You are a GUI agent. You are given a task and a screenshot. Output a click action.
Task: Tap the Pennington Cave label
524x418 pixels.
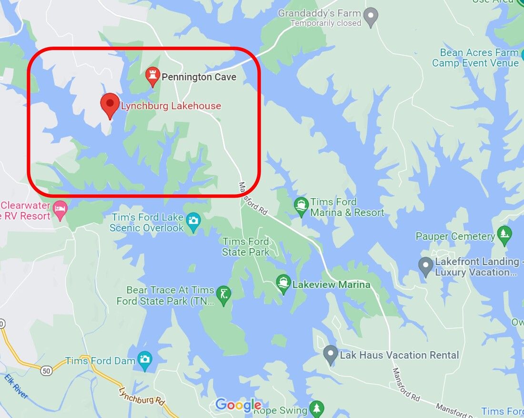tap(199, 77)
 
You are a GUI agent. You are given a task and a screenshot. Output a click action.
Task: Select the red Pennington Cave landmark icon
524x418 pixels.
tap(152, 76)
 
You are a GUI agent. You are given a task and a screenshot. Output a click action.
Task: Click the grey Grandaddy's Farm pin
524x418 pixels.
tap(371, 17)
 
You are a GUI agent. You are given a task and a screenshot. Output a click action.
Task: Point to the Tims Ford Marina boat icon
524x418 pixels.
tap(301, 206)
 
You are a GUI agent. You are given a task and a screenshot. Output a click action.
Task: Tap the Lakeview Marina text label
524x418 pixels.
tap(331, 285)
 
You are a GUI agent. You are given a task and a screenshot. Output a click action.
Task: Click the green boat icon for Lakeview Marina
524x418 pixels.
tap(283, 284)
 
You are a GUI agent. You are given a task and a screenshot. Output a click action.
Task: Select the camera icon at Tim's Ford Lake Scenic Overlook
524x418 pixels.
tap(193, 221)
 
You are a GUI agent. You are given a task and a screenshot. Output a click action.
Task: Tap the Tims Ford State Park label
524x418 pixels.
tap(246, 247)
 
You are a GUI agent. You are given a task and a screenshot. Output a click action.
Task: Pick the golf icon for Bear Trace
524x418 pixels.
tap(224, 294)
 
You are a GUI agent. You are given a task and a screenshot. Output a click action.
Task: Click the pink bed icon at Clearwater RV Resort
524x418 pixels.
tap(60, 209)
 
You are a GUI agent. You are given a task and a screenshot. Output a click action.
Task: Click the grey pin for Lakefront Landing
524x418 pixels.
tap(425, 266)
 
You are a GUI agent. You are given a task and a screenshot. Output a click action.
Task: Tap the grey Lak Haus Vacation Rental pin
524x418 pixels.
tap(330, 354)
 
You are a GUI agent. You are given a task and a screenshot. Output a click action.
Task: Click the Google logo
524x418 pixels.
tap(238, 405)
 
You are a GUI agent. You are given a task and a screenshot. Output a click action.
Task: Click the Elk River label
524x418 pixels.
tap(16, 387)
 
